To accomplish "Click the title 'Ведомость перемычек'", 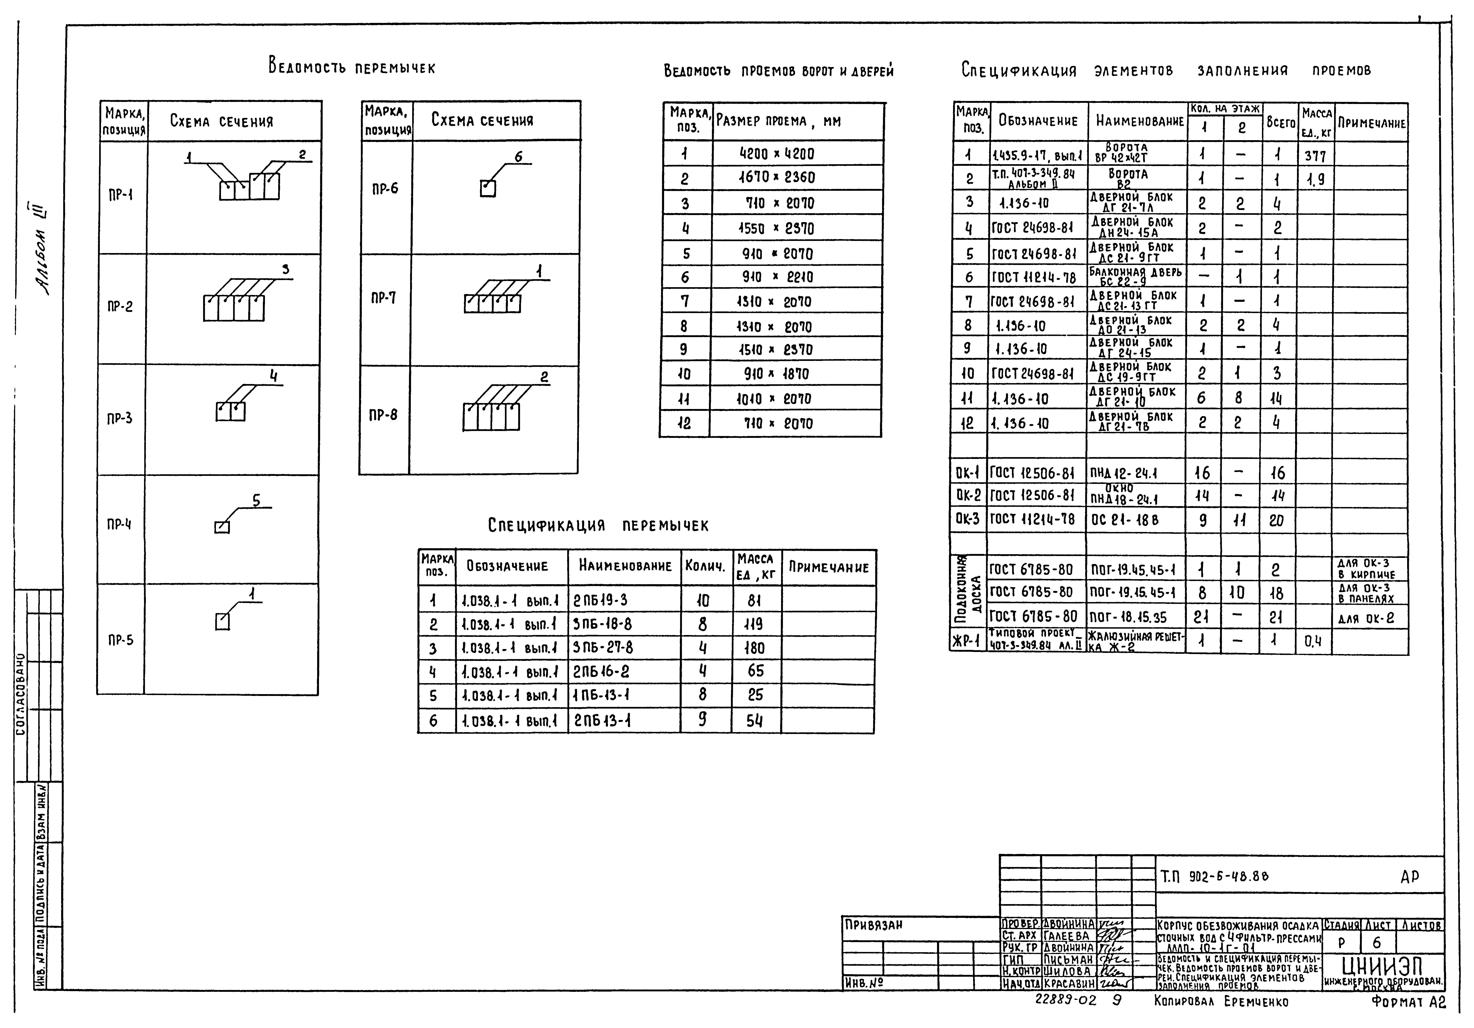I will [x=352, y=66].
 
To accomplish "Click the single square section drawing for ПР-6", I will [x=488, y=189].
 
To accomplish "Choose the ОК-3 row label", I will [x=967, y=519].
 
